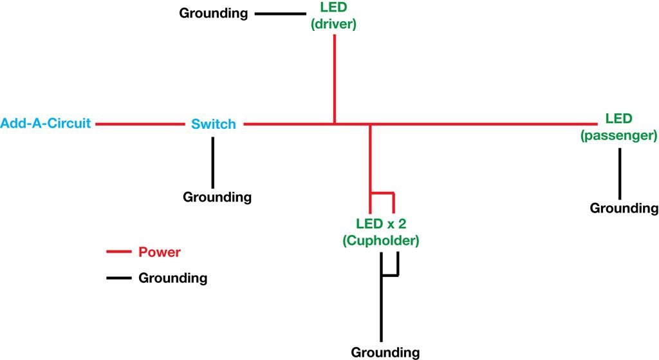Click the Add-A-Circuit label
point(46,123)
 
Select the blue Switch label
point(214,124)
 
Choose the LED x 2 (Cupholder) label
point(381,232)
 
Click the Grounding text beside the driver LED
point(213,13)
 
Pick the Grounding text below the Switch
point(217,197)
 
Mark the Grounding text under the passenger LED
point(624,208)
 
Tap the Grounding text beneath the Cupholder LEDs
point(385,352)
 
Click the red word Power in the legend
point(160,252)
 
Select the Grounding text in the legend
point(172,278)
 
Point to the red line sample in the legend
point(118,252)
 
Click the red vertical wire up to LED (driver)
point(335,77)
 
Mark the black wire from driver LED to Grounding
point(280,12)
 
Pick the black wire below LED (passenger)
point(619,174)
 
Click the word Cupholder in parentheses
point(381,241)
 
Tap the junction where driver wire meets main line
point(335,123)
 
